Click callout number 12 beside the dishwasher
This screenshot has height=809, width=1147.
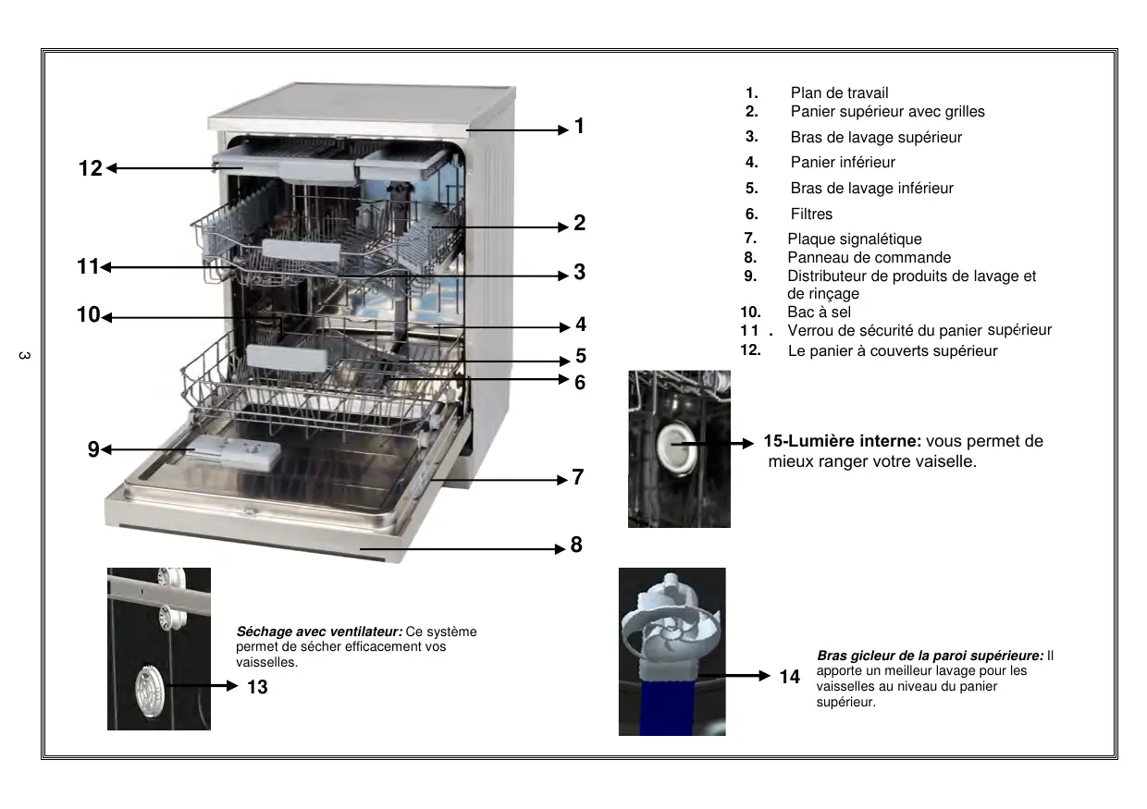(x=90, y=169)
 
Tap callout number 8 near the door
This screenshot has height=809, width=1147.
(x=576, y=545)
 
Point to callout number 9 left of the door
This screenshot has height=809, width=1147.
(x=92, y=449)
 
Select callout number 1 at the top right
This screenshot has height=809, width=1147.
(x=579, y=127)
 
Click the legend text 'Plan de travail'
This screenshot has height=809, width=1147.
(x=839, y=92)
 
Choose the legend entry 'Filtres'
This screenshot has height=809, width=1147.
(x=811, y=215)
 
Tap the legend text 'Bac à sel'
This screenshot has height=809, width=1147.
(x=819, y=313)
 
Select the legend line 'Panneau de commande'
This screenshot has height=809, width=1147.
(x=869, y=258)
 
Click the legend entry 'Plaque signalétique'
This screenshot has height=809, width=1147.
(x=854, y=239)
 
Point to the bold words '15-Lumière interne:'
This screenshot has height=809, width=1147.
(x=842, y=442)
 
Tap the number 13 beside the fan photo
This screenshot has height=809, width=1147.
(x=257, y=687)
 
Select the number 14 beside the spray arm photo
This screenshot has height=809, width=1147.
(x=789, y=677)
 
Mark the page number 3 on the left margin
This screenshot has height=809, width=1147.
(x=25, y=357)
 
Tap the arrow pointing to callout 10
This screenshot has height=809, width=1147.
(x=185, y=317)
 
